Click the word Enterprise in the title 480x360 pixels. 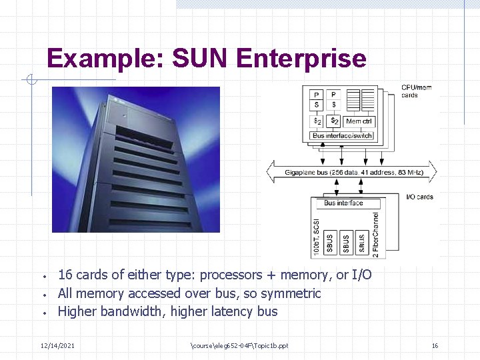[x=301, y=59]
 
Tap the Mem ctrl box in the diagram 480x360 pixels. [x=359, y=121]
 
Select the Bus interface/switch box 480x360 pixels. [x=342, y=135]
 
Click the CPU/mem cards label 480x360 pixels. [x=416, y=91]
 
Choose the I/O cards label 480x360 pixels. [x=419, y=197]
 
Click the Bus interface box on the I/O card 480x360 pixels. [x=343, y=203]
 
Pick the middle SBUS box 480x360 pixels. [x=346, y=242]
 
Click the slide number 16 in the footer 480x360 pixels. [x=435, y=345]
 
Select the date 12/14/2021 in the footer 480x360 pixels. [x=57, y=345]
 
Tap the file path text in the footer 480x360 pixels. [x=239, y=345]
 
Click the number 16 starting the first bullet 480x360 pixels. [x=65, y=275]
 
